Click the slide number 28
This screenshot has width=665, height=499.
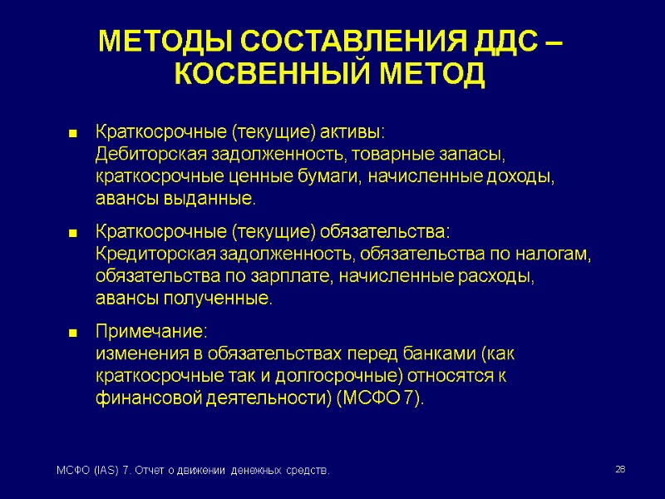point(619,471)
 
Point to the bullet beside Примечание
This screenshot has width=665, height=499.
point(72,333)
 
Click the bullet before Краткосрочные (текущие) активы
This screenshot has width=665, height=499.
point(72,134)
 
